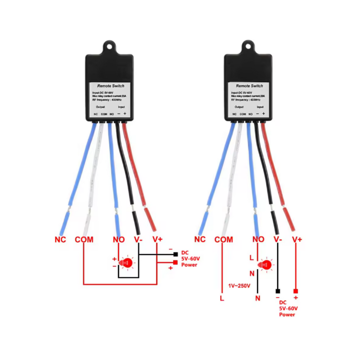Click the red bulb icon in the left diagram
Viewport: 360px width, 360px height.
click(x=126, y=263)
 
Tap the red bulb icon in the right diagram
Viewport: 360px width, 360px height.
click(x=266, y=265)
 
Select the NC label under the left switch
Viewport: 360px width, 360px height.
click(x=60, y=239)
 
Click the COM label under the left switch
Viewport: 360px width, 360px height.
click(x=84, y=239)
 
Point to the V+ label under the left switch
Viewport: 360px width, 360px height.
click(x=157, y=239)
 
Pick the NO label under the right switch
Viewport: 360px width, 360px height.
click(x=258, y=239)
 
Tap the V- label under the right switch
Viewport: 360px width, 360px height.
click(x=278, y=239)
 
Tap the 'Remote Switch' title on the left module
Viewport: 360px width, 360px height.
click(x=111, y=86)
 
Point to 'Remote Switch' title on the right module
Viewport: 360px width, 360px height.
click(x=249, y=86)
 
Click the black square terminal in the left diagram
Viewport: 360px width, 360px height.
click(x=175, y=254)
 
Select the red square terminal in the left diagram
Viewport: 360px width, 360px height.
click(x=175, y=262)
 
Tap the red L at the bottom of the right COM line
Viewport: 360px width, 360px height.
click(x=222, y=298)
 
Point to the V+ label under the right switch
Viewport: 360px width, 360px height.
click(x=297, y=239)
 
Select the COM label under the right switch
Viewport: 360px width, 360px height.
click(x=224, y=239)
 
